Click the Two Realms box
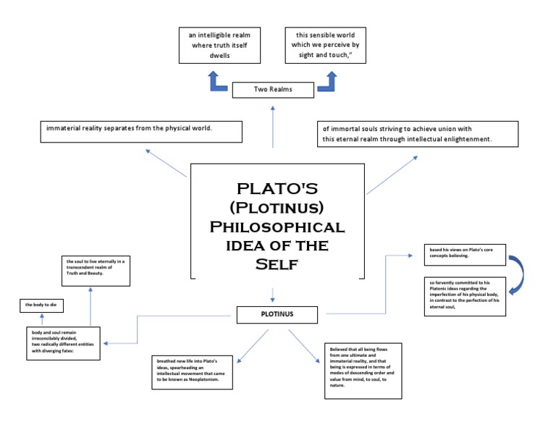click(272, 90)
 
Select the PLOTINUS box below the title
click(277, 315)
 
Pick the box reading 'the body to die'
click(42, 305)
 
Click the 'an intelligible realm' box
click(219, 45)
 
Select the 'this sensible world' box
click(326, 45)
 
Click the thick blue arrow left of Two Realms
click(218, 83)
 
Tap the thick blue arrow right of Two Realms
click(327, 83)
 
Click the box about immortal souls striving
click(418, 134)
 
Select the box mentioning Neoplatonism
click(193, 372)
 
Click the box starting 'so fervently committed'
click(464, 296)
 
